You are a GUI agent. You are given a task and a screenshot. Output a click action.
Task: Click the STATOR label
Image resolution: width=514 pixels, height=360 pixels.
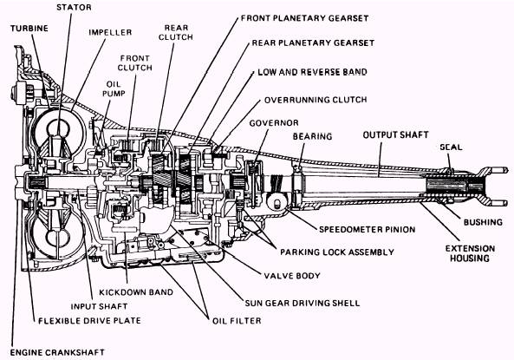[74, 7]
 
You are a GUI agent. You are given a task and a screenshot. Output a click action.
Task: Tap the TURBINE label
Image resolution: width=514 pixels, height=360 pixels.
[29, 29]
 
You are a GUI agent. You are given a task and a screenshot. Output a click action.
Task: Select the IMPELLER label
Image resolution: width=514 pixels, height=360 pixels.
[110, 32]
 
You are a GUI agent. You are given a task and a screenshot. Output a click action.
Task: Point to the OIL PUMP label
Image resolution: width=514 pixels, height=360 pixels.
[114, 89]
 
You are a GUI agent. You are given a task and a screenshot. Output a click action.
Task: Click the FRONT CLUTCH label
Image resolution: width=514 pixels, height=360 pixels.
[134, 63]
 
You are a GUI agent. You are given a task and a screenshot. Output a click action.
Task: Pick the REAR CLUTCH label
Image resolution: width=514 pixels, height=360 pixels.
[176, 32]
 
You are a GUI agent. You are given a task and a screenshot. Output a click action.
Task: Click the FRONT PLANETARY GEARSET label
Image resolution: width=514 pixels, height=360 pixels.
[305, 18]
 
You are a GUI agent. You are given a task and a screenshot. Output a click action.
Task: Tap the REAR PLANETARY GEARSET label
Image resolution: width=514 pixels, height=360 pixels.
[313, 43]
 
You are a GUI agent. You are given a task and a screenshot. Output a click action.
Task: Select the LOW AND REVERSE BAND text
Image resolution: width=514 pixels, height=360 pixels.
[312, 72]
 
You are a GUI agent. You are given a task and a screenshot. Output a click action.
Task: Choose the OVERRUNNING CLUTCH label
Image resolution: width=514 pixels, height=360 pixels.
[316, 100]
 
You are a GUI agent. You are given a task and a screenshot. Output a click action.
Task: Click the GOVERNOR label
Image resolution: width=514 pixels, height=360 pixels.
[274, 123]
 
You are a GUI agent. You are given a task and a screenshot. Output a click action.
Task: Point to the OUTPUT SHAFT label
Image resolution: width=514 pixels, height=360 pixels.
[395, 134]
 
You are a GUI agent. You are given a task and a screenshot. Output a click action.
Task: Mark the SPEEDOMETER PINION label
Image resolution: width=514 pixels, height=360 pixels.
[368, 229]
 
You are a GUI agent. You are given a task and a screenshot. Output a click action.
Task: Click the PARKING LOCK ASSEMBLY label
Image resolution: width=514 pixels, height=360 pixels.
[337, 252]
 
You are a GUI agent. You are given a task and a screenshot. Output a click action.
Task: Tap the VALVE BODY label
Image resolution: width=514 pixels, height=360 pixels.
[292, 276]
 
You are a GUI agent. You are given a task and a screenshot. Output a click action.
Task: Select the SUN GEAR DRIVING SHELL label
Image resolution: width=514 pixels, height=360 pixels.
[303, 303]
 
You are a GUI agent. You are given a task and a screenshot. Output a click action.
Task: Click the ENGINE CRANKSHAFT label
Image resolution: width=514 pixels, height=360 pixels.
[57, 352]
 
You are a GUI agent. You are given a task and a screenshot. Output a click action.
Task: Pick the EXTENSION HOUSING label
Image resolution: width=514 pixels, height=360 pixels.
[470, 253]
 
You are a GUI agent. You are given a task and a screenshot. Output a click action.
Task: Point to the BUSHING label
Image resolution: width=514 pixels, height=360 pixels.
[483, 222]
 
